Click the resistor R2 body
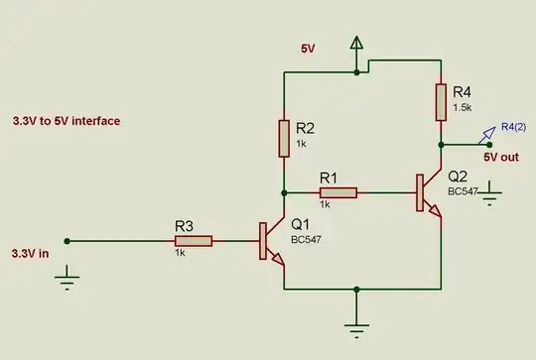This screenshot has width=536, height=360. click(284, 137)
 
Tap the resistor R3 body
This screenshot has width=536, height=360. click(194, 240)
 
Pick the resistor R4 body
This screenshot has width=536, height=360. click(440, 101)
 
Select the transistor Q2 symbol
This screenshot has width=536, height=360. click(427, 191)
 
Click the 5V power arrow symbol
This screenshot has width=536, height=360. click(357, 44)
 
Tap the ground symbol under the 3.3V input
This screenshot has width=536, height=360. click(67, 282)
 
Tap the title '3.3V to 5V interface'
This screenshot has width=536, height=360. click(67, 121)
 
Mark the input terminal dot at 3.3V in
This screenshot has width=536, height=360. click(67, 240)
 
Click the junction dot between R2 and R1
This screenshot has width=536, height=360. click(284, 190)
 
